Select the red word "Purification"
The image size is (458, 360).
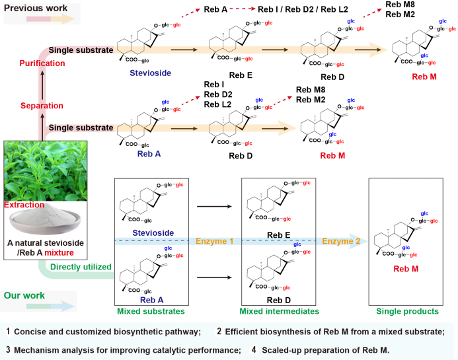click(42, 63)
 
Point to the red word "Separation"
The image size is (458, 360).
click(42, 106)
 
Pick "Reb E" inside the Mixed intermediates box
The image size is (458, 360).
click(279, 234)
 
